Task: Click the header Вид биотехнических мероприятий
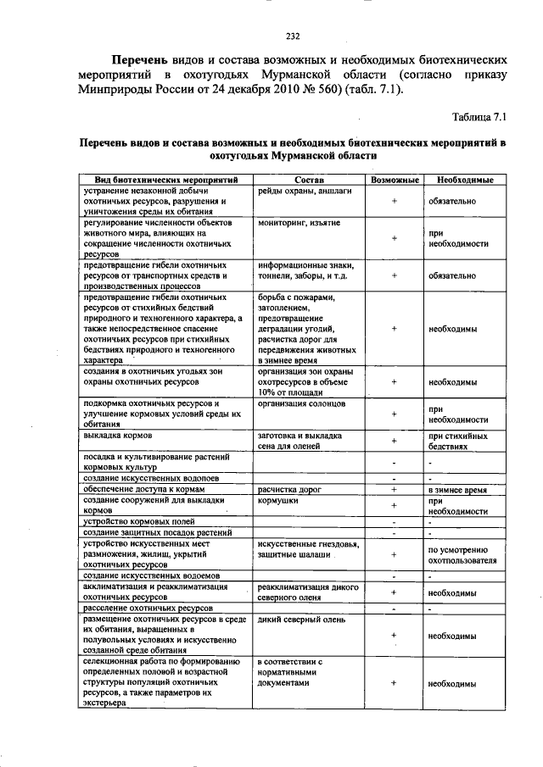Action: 165,181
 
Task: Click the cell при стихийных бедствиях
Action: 458,440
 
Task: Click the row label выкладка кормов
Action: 115,435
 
